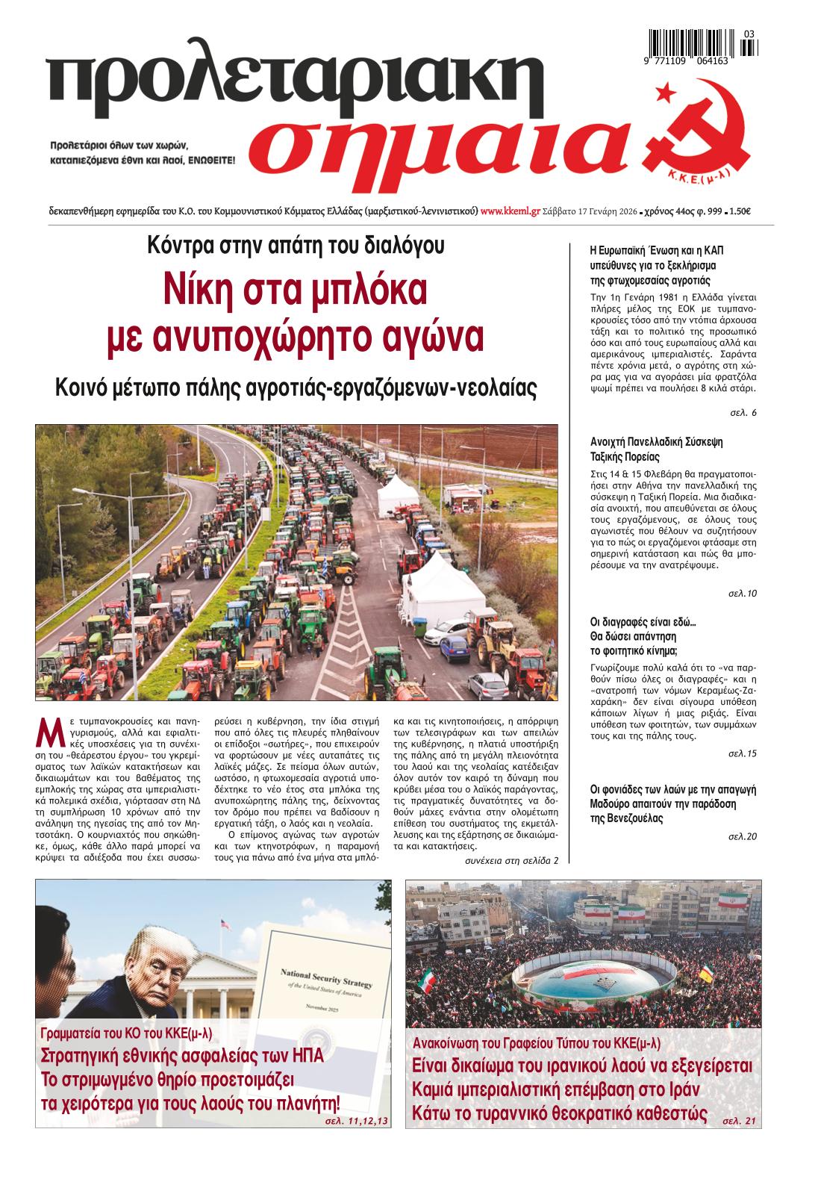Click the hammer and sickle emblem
tap(698, 137)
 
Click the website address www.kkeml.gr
tap(511, 211)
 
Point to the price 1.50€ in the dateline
tap(740, 211)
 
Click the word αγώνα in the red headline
tap(422, 338)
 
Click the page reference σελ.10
tap(743, 594)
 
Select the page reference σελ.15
tap(743, 753)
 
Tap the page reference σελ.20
tap(743, 836)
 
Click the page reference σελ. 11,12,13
tap(358, 1122)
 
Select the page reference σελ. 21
tap(740, 1122)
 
